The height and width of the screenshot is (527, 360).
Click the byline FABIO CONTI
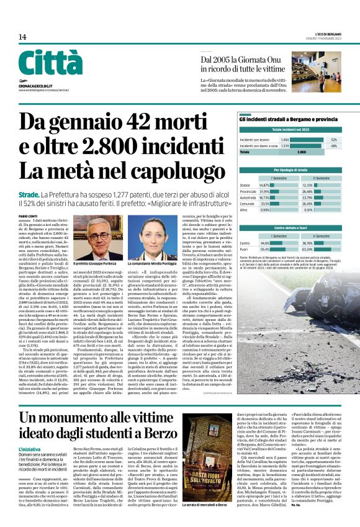27,215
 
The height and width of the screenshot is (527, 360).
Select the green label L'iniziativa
30,431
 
